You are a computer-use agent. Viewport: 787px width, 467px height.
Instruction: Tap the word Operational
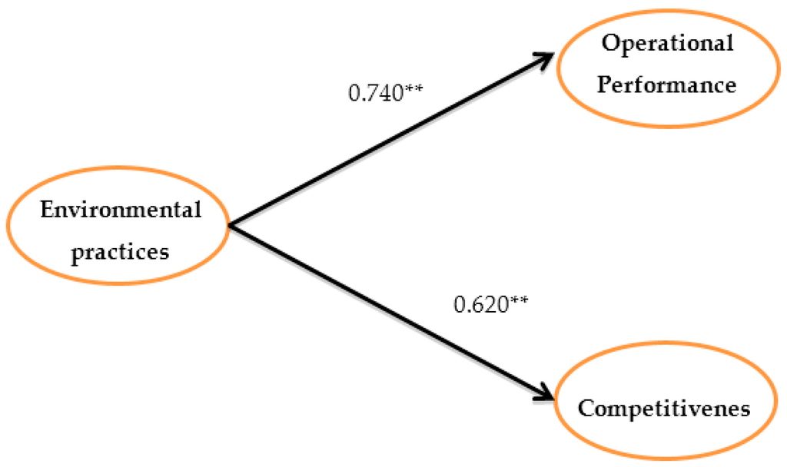(667, 43)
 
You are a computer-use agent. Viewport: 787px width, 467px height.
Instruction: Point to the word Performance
(667, 84)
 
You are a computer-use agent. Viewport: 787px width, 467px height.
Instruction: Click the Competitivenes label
(664, 408)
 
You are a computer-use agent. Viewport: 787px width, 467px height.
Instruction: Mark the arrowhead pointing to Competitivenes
(546, 395)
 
